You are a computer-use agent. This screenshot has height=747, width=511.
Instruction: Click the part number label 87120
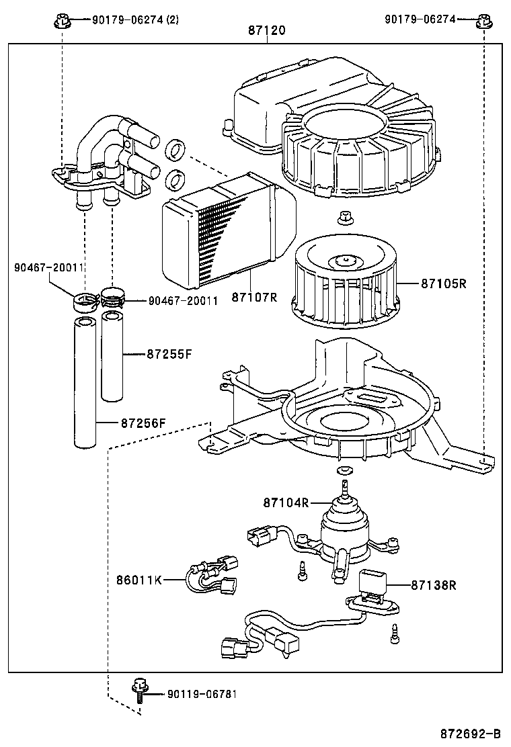coord(267,30)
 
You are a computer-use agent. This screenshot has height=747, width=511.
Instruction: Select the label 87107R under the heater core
coord(254,296)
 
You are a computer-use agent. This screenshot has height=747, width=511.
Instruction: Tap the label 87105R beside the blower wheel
coord(443,283)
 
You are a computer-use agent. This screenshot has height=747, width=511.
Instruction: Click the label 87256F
coord(143,423)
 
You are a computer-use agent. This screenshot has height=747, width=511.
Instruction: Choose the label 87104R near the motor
coord(285,502)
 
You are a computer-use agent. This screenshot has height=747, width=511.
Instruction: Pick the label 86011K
coord(139,579)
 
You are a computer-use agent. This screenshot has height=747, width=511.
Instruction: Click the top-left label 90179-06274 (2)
coord(134,19)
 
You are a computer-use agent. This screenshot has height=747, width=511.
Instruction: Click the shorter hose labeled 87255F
coord(110,356)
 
